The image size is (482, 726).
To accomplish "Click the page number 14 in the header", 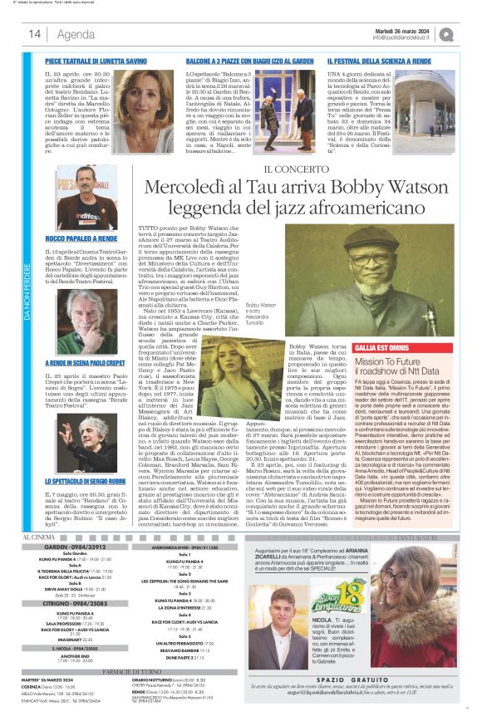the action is [x=35, y=34].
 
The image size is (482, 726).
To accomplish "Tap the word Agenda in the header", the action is [x=76, y=34].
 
